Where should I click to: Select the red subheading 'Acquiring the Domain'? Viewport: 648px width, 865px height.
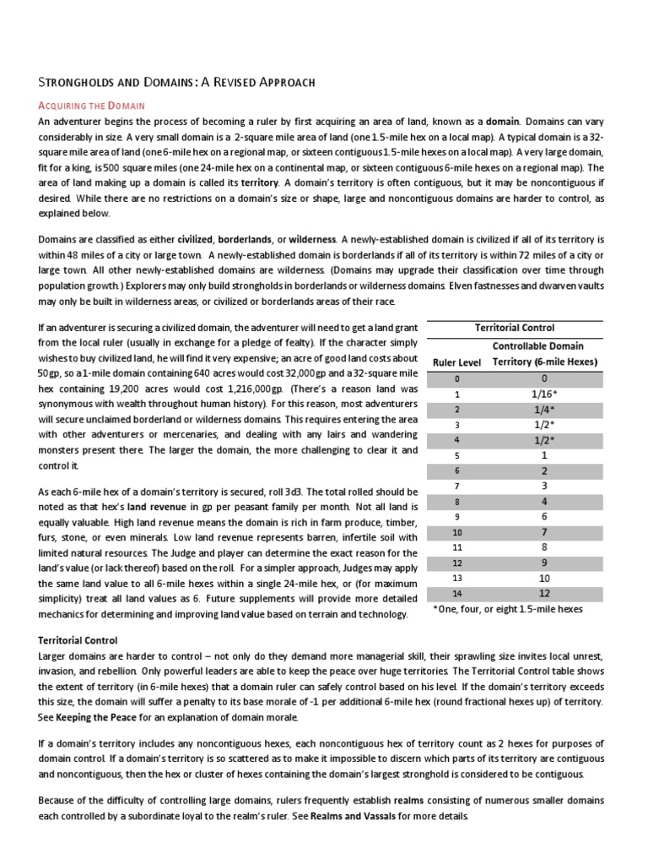[x=93, y=106]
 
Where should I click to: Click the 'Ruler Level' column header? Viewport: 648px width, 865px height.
[x=456, y=362]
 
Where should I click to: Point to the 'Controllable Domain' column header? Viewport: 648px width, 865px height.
[x=544, y=345]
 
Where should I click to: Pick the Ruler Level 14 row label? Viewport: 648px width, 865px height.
[x=456, y=594]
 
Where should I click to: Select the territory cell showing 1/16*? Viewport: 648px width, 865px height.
[x=544, y=394]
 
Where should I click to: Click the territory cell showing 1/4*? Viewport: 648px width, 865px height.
[x=544, y=409]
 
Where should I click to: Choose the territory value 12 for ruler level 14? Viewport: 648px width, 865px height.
[x=544, y=594]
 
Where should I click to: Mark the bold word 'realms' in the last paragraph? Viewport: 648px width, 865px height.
[x=380, y=800]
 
